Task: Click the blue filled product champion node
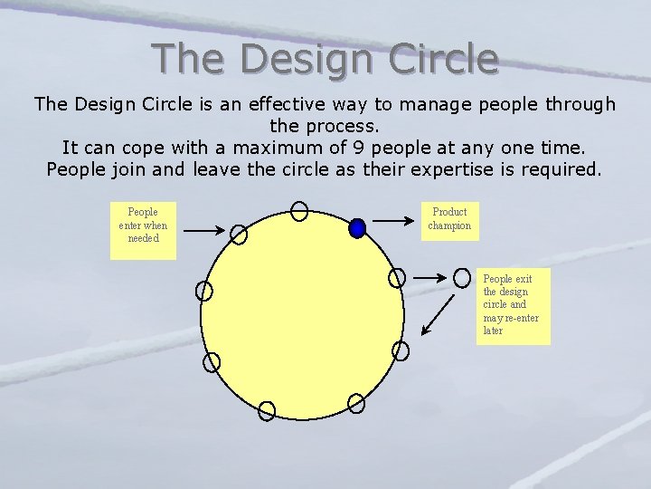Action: click(357, 228)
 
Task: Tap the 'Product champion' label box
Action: click(449, 219)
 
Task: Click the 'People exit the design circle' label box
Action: click(514, 306)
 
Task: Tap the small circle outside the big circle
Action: click(462, 276)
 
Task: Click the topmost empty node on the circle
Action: click(299, 212)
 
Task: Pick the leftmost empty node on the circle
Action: click(204, 291)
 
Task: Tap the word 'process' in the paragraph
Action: click(344, 126)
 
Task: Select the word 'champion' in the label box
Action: click(449, 225)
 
